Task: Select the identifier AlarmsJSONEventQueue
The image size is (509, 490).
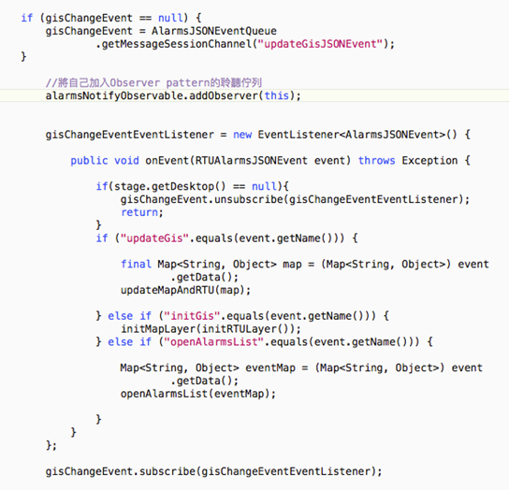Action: (x=214, y=31)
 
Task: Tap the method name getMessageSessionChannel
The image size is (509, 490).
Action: (x=177, y=44)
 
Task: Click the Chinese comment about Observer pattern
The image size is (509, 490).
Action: (x=153, y=82)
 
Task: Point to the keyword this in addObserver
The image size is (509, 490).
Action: (x=276, y=95)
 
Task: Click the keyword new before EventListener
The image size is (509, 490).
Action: (x=242, y=135)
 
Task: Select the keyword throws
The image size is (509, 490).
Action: (x=376, y=161)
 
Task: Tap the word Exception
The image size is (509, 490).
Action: (x=429, y=161)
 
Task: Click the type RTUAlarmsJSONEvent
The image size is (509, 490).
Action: (x=251, y=161)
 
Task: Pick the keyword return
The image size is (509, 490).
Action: (x=139, y=212)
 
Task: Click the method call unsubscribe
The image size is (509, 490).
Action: (x=249, y=199)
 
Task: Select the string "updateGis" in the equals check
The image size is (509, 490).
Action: (x=154, y=238)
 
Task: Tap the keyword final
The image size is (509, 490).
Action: (x=136, y=264)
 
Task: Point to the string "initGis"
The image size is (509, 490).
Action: (x=189, y=316)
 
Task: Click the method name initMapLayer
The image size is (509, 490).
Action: (x=158, y=329)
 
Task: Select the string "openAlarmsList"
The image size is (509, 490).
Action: (x=214, y=342)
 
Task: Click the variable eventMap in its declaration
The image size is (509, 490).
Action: (x=270, y=368)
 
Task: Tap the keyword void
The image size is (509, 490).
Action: (x=126, y=161)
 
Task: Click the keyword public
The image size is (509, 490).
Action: (x=89, y=161)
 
